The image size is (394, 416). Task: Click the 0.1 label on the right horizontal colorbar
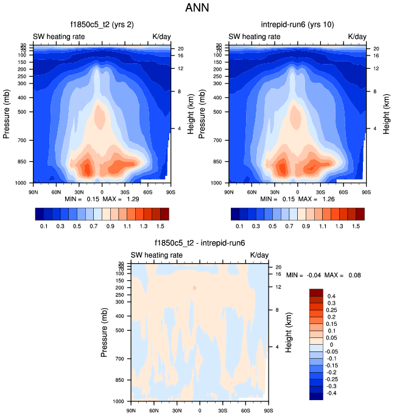coord(240,226)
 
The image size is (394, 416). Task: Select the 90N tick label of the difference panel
coord(131,410)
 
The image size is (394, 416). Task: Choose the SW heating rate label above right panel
coord(255,37)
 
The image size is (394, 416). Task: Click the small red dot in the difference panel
coord(194,287)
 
